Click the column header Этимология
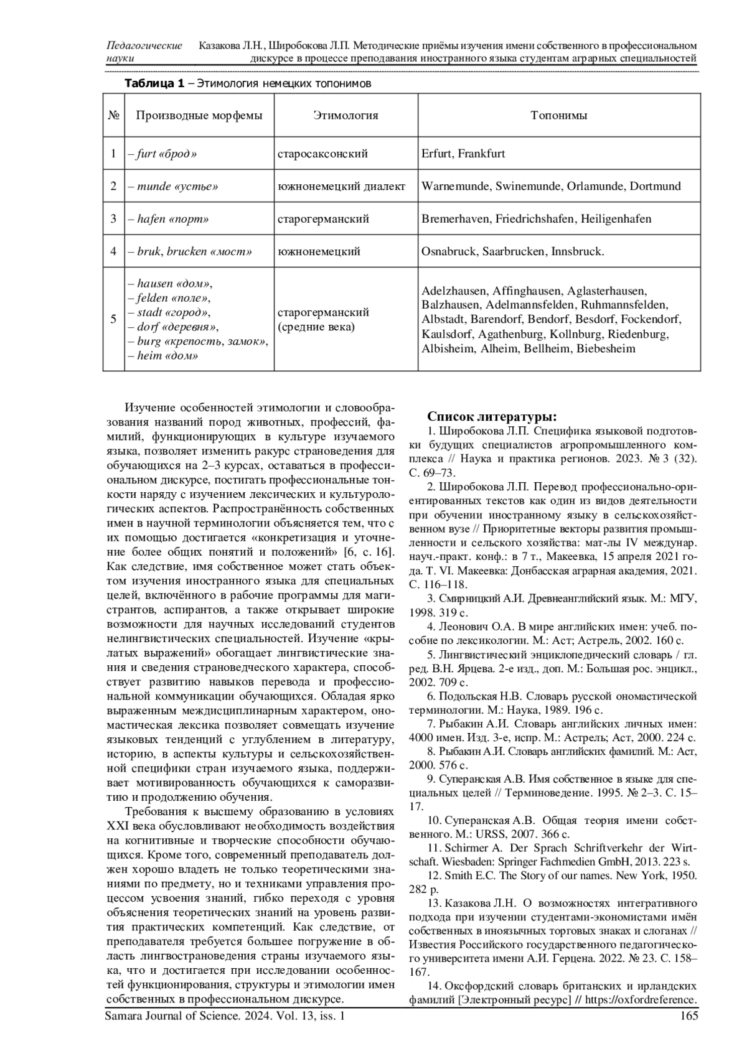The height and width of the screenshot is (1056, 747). (x=345, y=115)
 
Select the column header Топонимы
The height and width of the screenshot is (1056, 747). (x=558, y=115)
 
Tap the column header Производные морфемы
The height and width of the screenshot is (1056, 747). (x=199, y=115)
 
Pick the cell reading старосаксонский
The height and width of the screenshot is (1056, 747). (x=322, y=154)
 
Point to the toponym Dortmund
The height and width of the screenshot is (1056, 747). (x=655, y=186)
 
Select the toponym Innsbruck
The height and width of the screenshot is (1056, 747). (x=577, y=252)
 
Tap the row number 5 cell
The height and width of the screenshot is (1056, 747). (x=113, y=319)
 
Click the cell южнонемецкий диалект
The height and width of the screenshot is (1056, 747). (x=341, y=186)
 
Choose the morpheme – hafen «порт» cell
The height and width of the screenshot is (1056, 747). (x=169, y=219)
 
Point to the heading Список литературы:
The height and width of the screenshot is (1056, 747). (x=492, y=416)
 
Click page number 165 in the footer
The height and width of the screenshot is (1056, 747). (x=689, y=1016)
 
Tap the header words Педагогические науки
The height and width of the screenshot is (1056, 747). (x=144, y=52)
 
